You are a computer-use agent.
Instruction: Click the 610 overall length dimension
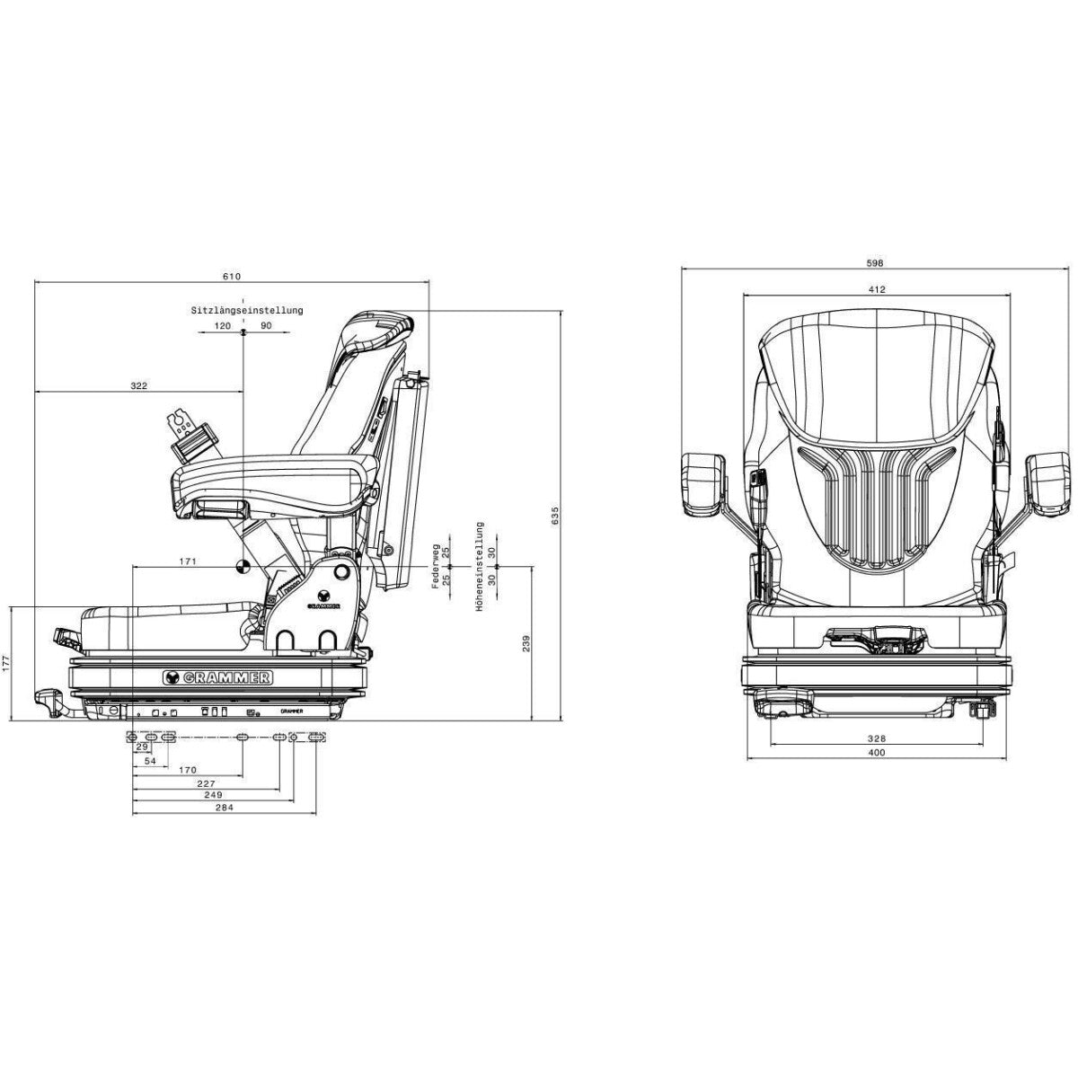(x=232, y=277)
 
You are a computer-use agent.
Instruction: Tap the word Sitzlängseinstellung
(x=247, y=310)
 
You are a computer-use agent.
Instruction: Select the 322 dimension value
(x=138, y=385)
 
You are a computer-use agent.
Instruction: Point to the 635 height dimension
(x=555, y=516)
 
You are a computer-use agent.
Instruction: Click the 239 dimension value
(x=526, y=643)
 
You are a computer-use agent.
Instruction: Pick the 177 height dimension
(x=6, y=664)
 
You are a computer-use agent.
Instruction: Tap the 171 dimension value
(x=188, y=561)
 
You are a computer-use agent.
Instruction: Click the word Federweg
(x=436, y=566)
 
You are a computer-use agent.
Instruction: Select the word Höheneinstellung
(x=480, y=566)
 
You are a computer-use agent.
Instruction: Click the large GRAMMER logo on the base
(x=217, y=677)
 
